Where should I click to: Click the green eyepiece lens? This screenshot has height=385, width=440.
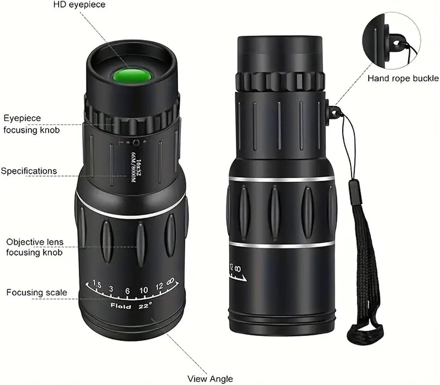[x=132, y=76]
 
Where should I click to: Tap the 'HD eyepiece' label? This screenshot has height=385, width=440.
[x=79, y=5]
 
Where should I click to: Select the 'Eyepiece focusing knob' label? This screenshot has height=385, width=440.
[x=31, y=124]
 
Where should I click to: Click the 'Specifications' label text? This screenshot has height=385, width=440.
[x=29, y=171]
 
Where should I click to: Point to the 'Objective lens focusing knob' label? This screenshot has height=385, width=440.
[x=34, y=247]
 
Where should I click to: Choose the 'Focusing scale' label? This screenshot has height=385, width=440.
[x=37, y=292]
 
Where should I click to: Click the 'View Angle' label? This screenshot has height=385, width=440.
[x=210, y=379]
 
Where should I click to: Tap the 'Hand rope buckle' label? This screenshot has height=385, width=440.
[x=403, y=78]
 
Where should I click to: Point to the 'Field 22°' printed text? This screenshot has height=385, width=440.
[x=131, y=306]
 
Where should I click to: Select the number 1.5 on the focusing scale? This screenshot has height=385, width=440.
[x=97, y=284]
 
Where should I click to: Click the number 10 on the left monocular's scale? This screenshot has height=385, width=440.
[x=144, y=290]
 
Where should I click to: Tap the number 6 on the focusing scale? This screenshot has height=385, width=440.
[x=128, y=291]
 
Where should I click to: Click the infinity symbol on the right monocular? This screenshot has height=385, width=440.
[x=238, y=269]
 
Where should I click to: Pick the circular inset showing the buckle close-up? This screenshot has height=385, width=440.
[x=392, y=41]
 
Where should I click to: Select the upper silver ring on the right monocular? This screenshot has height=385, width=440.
[x=282, y=179]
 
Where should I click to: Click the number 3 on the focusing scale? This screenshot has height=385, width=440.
[x=111, y=289]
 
